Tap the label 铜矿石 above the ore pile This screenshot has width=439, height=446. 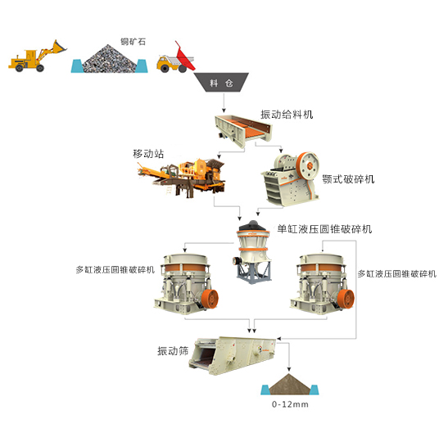[x=133, y=42]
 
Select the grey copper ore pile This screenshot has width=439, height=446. [x=109, y=59]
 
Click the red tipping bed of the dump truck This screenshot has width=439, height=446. [x=184, y=57]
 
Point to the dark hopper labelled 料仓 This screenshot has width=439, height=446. [x=221, y=82]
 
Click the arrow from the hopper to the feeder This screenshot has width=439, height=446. [x=224, y=102]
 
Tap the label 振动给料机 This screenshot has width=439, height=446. [x=287, y=115]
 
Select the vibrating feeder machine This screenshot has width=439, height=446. [x=243, y=130]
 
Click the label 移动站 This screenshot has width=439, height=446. [x=148, y=154]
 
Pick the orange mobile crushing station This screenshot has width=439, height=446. [x=181, y=178]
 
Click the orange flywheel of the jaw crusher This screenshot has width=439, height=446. [x=307, y=166]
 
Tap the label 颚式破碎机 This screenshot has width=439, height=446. [x=348, y=179]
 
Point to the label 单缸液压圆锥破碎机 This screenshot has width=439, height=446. [x=324, y=228]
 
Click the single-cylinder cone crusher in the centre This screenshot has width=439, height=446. [x=252, y=251]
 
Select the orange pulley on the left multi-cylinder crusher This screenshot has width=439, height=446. [x=210, y=299]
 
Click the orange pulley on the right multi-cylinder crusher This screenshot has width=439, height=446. [x=346, y=299]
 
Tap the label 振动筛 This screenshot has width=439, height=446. [x=173, y=351]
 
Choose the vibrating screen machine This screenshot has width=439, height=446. [x=233, y=355]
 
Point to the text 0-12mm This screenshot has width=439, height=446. [x=290, y=404]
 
